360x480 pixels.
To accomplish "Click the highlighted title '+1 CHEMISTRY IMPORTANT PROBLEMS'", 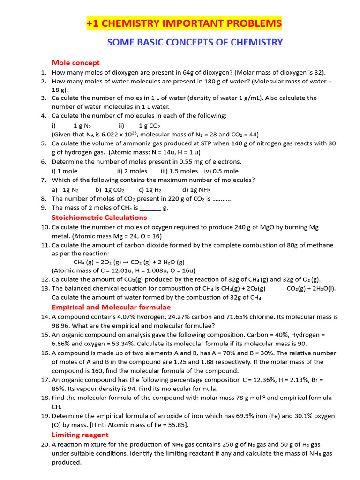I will tap(184, 23).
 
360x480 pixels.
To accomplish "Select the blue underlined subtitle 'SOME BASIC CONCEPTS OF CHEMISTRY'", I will tap(195, 43).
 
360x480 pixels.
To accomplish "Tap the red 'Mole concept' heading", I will tap(75, 63).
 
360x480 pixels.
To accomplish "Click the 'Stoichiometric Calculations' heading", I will tap(99, 217).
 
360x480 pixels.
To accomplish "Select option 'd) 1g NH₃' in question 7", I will tap(196, 190).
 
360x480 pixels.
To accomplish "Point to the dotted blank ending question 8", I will tap(221, 199).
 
